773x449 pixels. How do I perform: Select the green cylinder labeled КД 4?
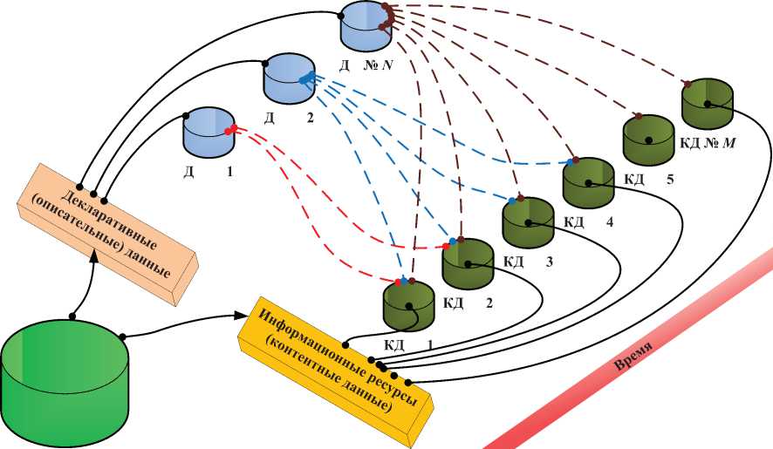tap(588, 181)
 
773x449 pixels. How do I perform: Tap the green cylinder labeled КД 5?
tap(648, 138)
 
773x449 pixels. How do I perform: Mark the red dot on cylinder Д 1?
tap(229, 131)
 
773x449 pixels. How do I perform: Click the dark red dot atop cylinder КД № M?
tap(687, 85)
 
